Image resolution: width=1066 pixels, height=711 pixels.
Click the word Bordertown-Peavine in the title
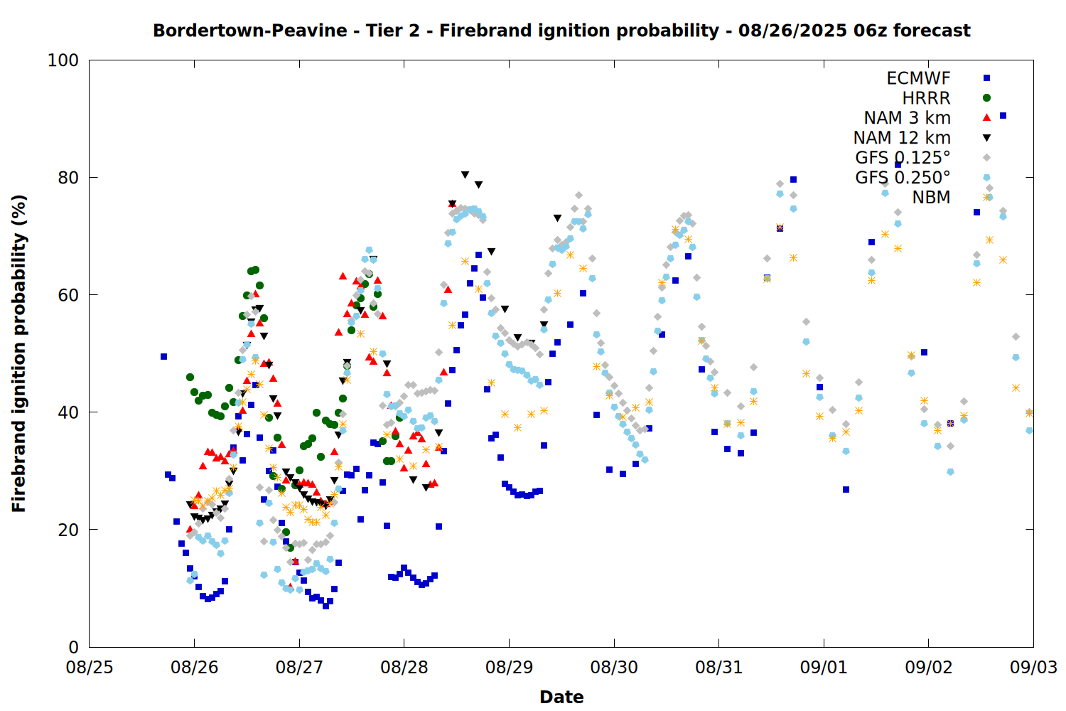point(250,31)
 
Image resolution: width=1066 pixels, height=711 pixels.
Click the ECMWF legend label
point(918,78)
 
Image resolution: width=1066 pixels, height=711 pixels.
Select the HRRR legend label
point(926,98)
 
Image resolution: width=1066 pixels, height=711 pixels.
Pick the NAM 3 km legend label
point(907,117)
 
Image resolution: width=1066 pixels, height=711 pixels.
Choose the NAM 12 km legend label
point(902,138)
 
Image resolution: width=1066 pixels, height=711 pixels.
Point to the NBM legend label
point(931,197)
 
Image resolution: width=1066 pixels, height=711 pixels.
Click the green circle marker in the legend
point(986,98)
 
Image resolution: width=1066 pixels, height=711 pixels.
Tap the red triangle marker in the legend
point(986,117)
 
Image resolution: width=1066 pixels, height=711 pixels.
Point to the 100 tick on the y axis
point(63,60)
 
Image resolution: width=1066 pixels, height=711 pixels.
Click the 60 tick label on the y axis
point(68,295)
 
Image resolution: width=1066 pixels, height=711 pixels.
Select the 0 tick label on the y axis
point(73,647)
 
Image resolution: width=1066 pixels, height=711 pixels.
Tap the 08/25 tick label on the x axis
point(90,668)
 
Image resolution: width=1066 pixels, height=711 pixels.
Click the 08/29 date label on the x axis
point(510,668)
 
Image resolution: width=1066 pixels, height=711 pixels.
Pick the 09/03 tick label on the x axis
point(1033,668)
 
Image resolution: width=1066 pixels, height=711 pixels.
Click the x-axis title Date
point(561,697)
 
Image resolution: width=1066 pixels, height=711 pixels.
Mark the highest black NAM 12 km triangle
point(465,175)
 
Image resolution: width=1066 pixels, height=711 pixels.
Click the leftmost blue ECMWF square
point(163,357)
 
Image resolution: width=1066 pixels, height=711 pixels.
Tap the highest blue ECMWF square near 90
point(1003,116)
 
